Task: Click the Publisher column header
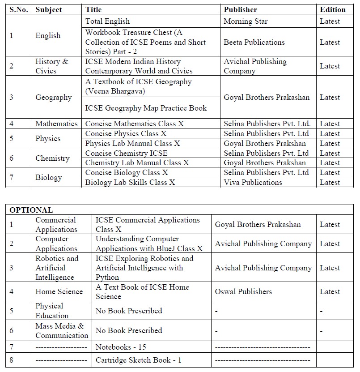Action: pyautogui.click(x=240, y=9)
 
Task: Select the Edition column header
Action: pyautogui.click(x=333, y=9)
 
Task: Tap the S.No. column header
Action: pyautogui.click(x=19, y=9)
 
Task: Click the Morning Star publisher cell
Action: pyautogui.click(x=246, y=21)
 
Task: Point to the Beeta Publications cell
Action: pyautogui.click(x=254, y=42)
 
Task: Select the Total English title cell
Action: pyautogui.click(x=107, y=21)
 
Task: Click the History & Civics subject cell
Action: pyautogui.click(x=52, y=66)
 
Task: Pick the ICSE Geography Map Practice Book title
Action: pyautogui.click(x=146, y=108)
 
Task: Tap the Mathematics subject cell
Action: pyautogui.click(x=56, y=124)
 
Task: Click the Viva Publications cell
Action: pyautogui.click(x=253, y=182)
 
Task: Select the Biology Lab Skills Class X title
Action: pyautogui.click(x=130, y=182)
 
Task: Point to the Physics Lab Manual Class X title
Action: pyautogui.click(x=132, y=143)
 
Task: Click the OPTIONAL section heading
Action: pyautogui.click(x=31, y=210)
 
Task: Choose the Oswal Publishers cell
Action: pyautogui.click(x=243, y=291)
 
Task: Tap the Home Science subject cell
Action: pyautogui.click(x=59, y=291)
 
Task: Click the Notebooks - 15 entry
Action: pyautogui.click(x=121, y=347)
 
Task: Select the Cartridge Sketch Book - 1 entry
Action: pyautogui.click(x=138, y=360)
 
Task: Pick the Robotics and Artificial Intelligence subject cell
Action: pyautogui.click(x=57, y=268)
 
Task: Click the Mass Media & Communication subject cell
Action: pyautogui.click(x=62, y=330)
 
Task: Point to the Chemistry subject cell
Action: pyautogui.click(x=52, y=158)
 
